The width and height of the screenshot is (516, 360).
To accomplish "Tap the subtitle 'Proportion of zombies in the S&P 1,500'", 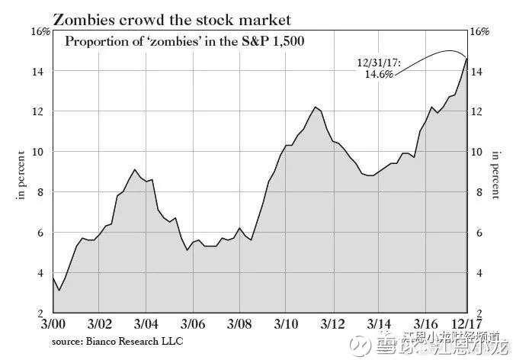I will coord(184,41).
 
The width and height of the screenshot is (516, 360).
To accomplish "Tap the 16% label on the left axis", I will coord(40,31).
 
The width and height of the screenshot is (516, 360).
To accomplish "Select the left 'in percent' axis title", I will coord(21,176).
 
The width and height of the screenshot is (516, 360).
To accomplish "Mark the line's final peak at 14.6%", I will coord(467,58).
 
